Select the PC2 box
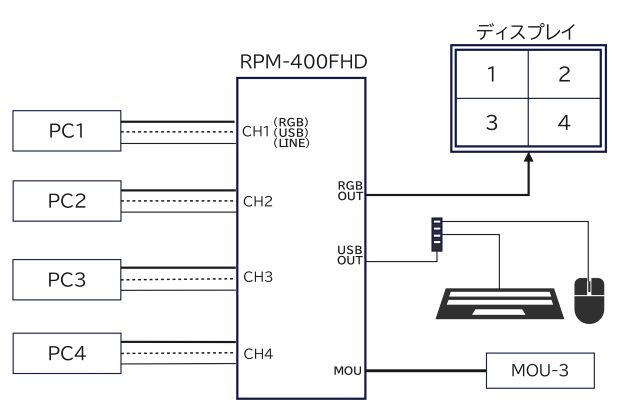(x=66, y=201)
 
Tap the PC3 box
(x=66, y=277)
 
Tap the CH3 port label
(x=258, y=277)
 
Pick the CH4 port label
(x=258, y=353)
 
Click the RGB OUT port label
(x=350, y=190)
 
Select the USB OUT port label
(x=350, y=256)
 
